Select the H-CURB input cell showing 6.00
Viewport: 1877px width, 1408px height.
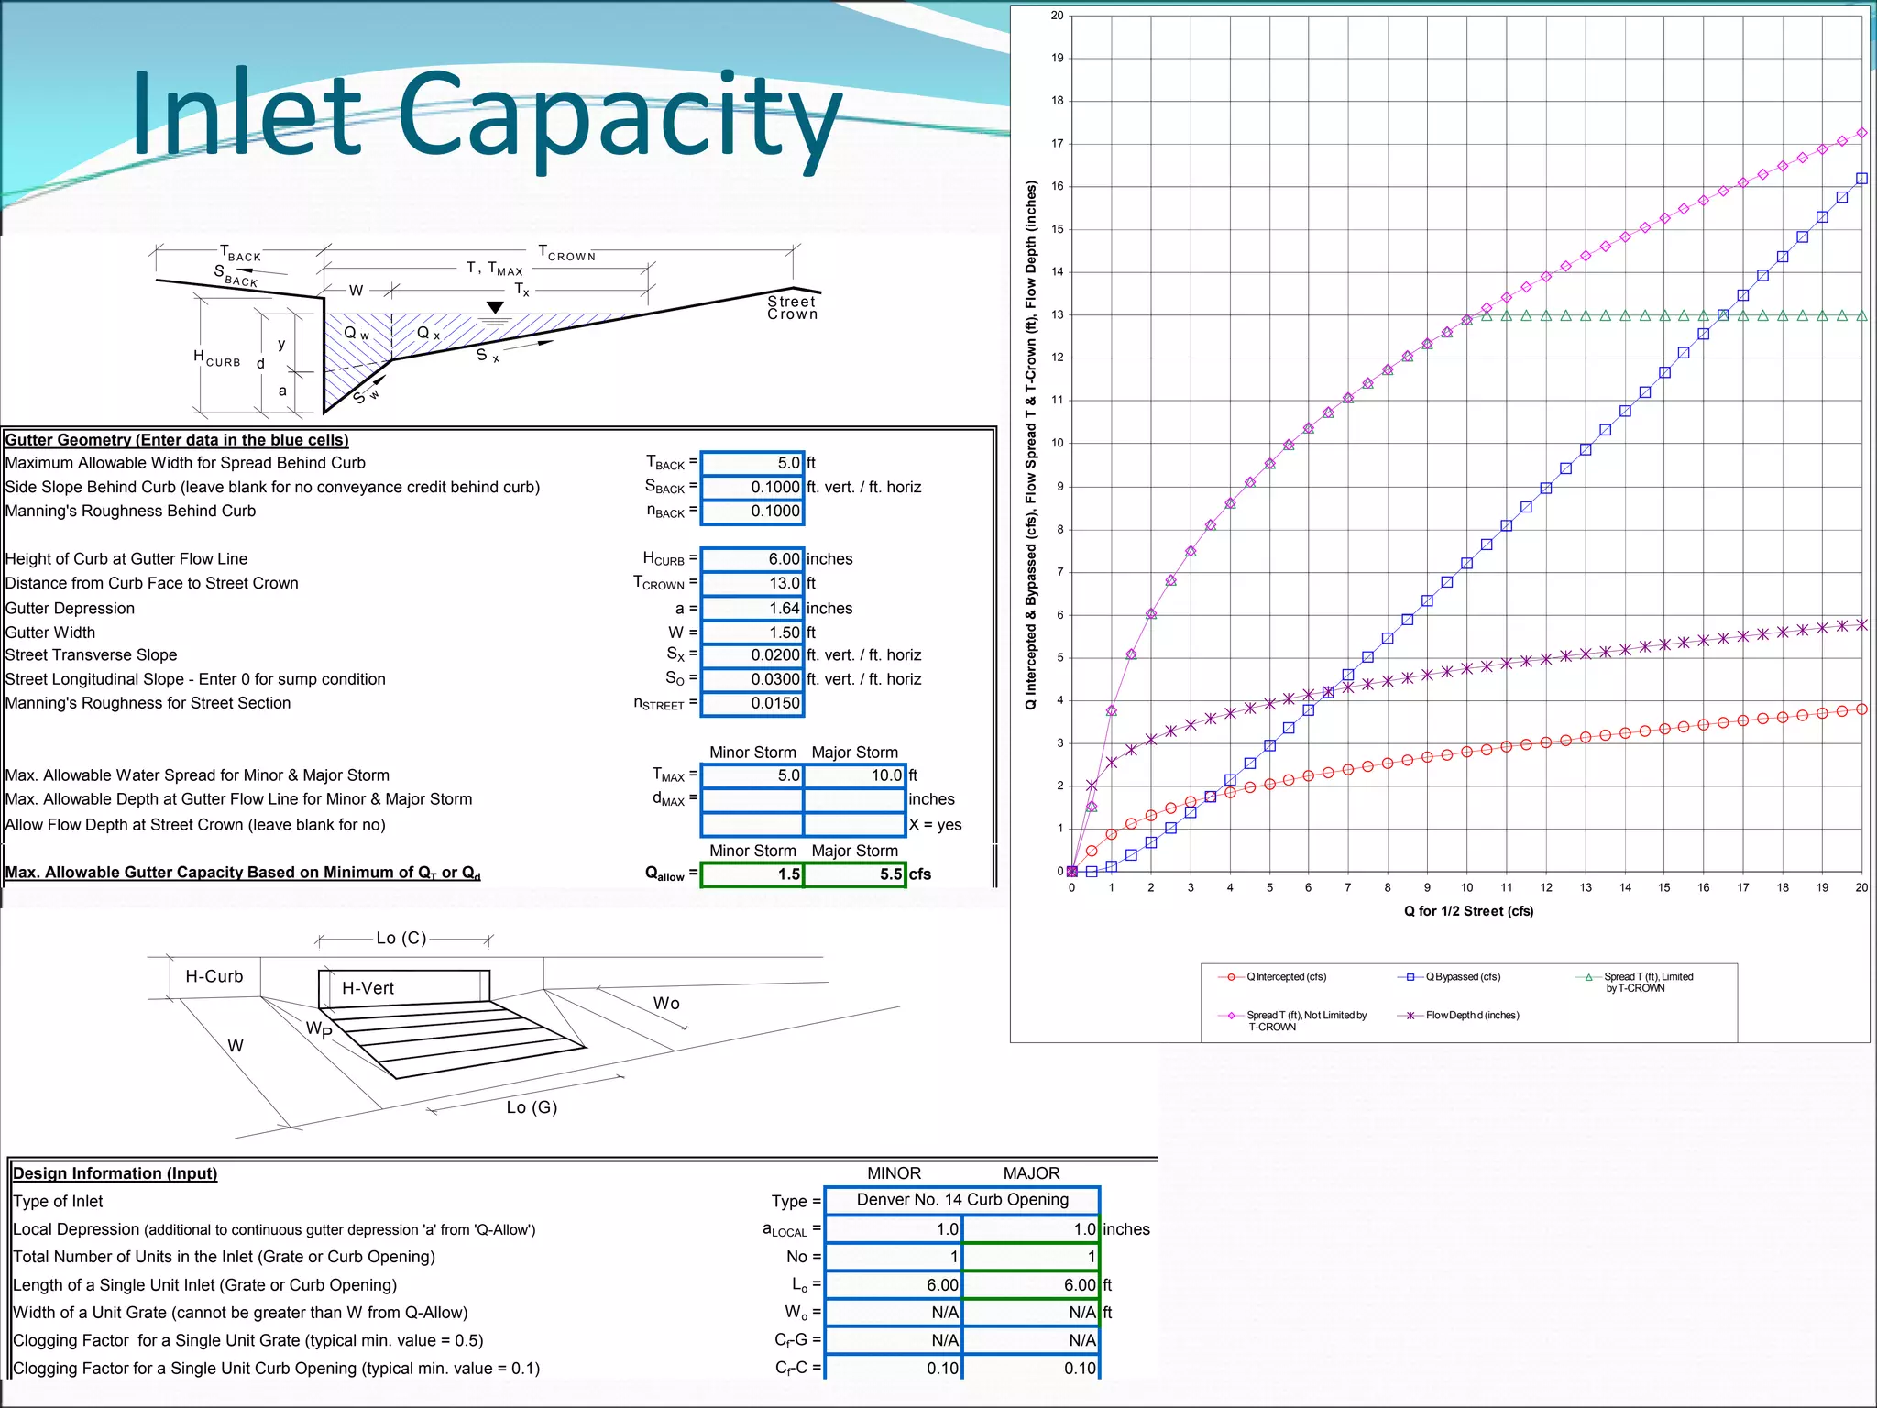752,559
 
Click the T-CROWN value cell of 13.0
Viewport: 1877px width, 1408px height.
752,583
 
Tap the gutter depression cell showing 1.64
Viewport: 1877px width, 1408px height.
752,608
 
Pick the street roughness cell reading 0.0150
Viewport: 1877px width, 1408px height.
752,703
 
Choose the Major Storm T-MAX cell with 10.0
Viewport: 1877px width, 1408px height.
854,775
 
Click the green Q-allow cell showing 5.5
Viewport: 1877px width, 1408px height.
854,874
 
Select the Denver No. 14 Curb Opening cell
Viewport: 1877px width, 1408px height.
961,1200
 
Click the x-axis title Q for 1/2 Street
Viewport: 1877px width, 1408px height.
1468,911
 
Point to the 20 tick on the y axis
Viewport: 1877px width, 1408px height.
1058,16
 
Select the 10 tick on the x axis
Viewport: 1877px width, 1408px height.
1467,887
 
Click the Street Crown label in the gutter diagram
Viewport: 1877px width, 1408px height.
792,308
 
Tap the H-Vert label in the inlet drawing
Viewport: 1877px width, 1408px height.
368,988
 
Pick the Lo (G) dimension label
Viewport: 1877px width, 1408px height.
532,1107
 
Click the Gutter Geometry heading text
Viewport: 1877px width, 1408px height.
177,440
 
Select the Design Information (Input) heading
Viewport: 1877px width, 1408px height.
115,1173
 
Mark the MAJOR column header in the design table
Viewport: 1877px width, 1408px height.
1031,1173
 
